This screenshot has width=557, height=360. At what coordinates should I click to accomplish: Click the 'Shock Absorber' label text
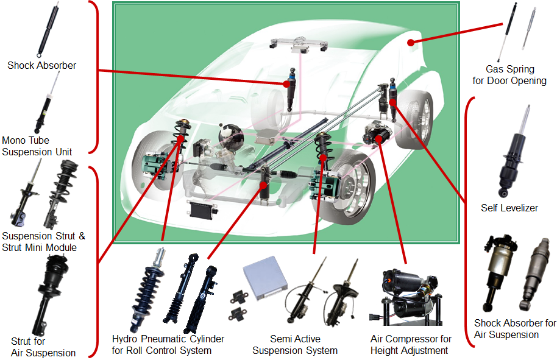click(41, 65)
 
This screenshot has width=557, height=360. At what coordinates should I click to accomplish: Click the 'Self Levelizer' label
click(509, 208)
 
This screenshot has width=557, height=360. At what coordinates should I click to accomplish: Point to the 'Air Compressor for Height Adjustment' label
click(411, 344)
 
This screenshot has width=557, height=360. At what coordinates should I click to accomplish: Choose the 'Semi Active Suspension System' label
click(295, 344)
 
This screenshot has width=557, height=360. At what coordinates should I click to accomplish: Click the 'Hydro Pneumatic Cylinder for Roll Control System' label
click(168, 344)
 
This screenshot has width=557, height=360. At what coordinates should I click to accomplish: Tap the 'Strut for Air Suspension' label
click(43, 347)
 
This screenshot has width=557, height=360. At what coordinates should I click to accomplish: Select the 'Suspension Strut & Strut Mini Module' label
click(44, 241)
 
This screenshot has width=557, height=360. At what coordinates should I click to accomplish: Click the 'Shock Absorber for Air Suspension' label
click(515, 329)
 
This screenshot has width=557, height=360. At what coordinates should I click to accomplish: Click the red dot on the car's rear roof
click(411, 43)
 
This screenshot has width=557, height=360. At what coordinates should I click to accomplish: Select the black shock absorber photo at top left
click(45, 27)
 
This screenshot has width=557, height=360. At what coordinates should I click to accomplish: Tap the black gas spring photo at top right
click(508, 34)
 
